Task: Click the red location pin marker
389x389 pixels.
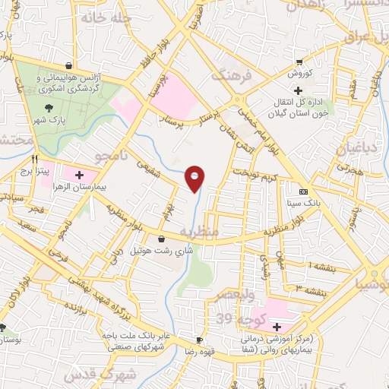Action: (195, 179)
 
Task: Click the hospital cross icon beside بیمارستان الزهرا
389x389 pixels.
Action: (79, 176)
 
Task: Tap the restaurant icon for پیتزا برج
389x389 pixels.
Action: (34, 160)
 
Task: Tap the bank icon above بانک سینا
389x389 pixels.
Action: (304, 191)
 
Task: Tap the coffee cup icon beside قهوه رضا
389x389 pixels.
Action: (200, 340)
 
